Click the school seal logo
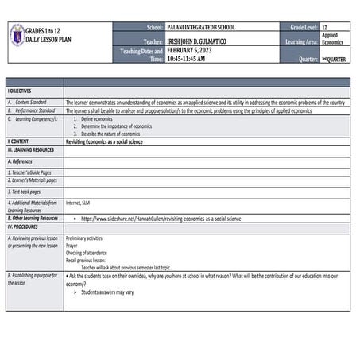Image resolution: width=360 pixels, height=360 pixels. tap(17, 34)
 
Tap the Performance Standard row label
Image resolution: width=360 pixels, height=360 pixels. tap(34, 110)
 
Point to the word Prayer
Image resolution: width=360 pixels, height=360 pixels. tap(75, 246)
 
